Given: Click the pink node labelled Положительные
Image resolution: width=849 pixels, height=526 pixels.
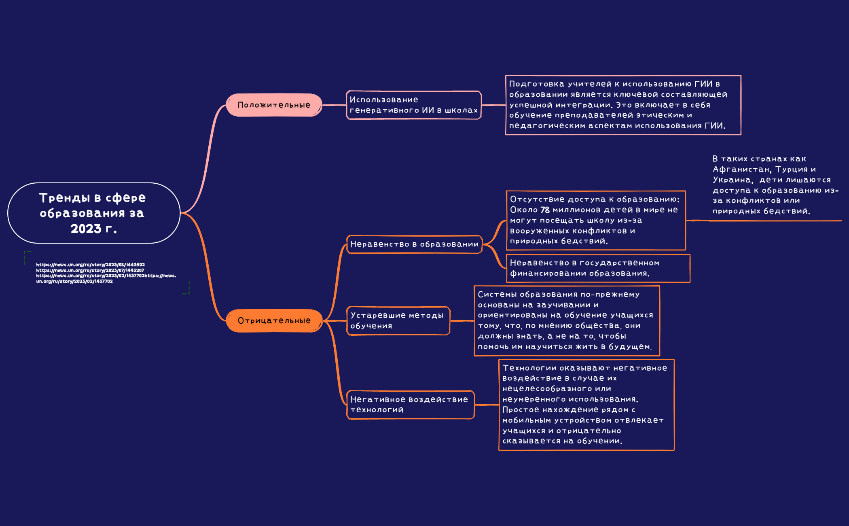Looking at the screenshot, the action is click(274, 105).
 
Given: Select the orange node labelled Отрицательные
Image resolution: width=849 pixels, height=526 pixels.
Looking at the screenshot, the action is click(274, 320).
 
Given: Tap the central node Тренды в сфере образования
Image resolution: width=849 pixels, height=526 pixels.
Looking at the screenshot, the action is click(94, 213).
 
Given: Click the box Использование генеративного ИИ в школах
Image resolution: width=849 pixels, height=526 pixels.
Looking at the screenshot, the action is click(414, 105).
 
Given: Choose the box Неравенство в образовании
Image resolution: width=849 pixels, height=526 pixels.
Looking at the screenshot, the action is click(415, 244).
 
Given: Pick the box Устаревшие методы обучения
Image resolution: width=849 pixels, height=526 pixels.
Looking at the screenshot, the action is click(398, 320).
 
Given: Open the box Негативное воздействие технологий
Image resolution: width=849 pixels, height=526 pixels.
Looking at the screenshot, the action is click(411, 405).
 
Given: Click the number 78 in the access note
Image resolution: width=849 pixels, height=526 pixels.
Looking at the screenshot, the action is click(545, 210).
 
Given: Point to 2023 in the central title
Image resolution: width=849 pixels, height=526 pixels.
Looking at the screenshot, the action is click(86, 229).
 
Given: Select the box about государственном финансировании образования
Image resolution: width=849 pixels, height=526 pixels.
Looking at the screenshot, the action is click(598, 268).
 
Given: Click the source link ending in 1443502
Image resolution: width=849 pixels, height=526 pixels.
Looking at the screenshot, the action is click(90, 265).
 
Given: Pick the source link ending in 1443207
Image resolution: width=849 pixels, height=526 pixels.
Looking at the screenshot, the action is click(90, 270).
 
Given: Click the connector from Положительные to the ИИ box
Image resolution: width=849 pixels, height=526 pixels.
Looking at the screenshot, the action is click(334, 105).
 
